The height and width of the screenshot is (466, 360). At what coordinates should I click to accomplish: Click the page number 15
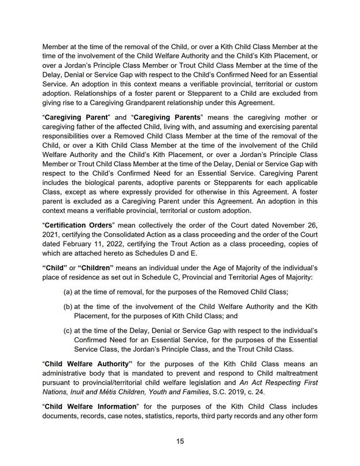point(180,441)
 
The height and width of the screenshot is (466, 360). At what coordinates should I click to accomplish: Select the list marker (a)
point(68,292)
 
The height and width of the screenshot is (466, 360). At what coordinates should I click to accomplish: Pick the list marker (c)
point(68,331)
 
